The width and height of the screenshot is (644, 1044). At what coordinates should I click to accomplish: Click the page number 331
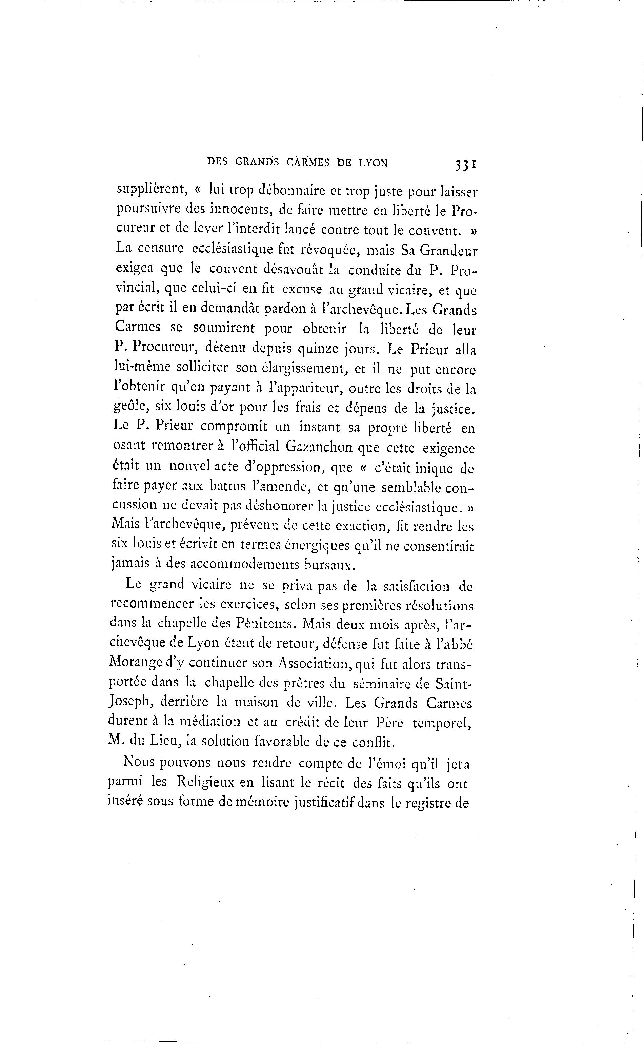point(465,164)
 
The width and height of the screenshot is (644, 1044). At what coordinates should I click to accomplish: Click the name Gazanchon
point(319,447)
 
